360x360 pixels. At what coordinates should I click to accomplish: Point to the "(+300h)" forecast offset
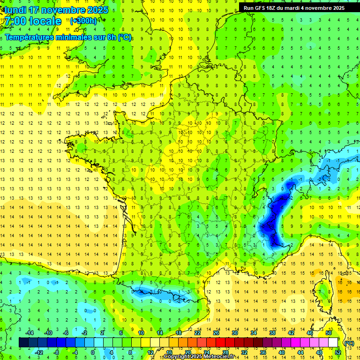[x=83, y=21]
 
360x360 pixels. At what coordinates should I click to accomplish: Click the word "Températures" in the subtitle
[x=28, y=37]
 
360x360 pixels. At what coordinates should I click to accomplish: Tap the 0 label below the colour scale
[x=93, y=352]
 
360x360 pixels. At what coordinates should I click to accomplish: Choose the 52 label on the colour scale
[x=337, y=352]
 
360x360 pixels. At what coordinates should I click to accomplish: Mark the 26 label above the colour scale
[x=216, y=333]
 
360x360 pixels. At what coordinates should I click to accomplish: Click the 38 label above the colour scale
[x=272, y=333]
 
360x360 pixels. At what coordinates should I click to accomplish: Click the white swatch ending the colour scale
[x=333, y=342]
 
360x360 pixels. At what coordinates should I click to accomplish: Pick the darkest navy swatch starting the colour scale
[x=23, y=342]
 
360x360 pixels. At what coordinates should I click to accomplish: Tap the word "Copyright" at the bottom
[x=177, y=357]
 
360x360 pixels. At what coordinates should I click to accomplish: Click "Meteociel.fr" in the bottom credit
[x=221, y=357]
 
